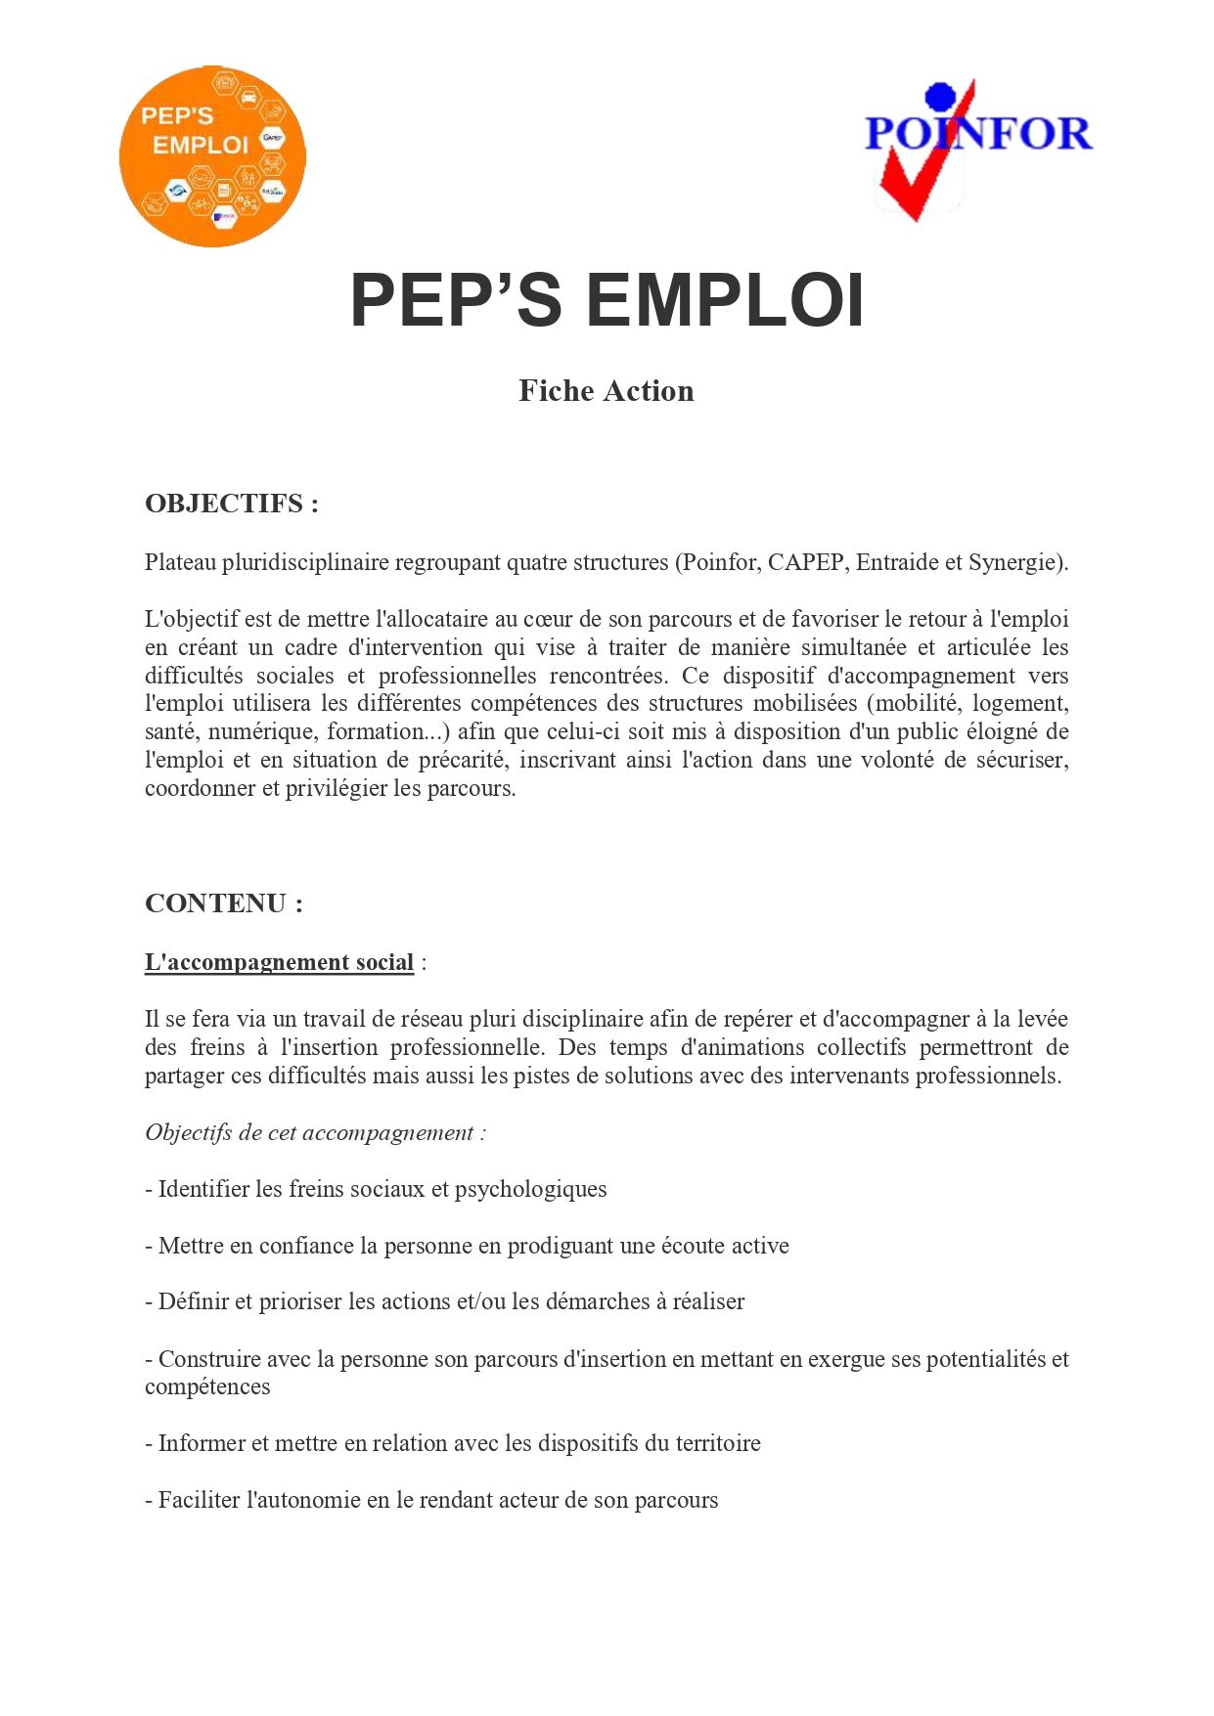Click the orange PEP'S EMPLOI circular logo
pyautogui.click(x=212, y=156)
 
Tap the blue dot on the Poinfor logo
pyautogui.click(x=940, y=96)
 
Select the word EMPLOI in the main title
pyautogui.click(x=725, y=300)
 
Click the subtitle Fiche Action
pyautogui.click(x=606, y=391)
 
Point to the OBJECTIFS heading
pyautogui.click(x=232, y=504)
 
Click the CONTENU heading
pyautogui.click(x=224, y=903)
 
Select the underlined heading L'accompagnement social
pyautogui.click(x=279, y=962)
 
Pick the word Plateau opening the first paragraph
pyautogui.click(x=180, y=562)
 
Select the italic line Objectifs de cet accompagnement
pyautogui.click(x=315, y=1132)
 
